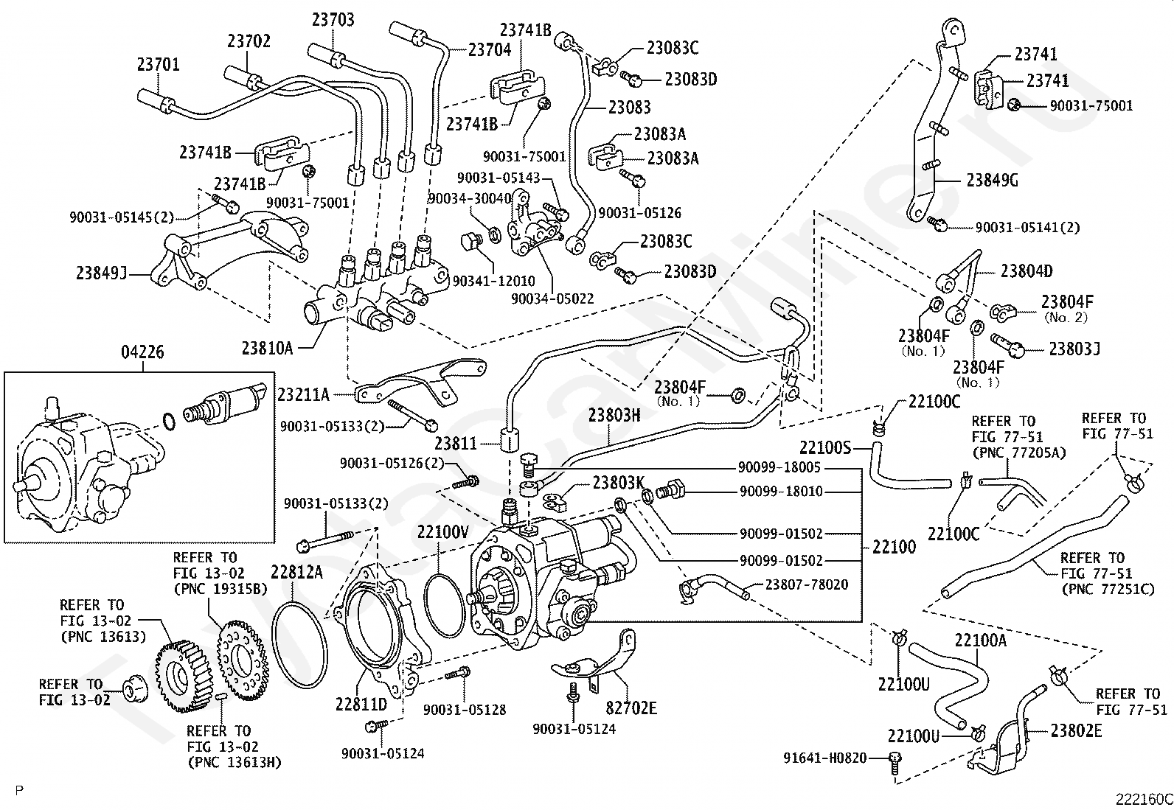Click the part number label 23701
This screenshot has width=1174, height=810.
pos(158,64)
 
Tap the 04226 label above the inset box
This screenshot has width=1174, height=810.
pos(142,353)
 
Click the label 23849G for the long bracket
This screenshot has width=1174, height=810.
pos(992,181)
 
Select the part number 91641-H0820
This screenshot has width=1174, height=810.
pos(825,757)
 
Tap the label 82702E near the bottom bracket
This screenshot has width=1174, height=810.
pos(631,708)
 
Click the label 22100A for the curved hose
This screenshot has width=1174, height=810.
pos(980,640)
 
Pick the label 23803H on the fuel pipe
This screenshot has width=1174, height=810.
pos(614,416)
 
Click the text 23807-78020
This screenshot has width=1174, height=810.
pos(806,584)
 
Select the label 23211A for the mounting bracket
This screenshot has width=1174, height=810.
pos(303,394)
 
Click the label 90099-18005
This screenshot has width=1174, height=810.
pos(780,467)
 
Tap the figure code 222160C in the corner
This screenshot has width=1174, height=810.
pos(1143,799)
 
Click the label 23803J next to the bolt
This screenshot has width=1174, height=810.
pos(1074,349)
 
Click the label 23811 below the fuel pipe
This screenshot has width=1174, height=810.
pos(455,444)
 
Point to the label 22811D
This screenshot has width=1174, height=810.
pos(361,705)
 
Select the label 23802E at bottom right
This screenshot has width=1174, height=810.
pos(1076,731)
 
